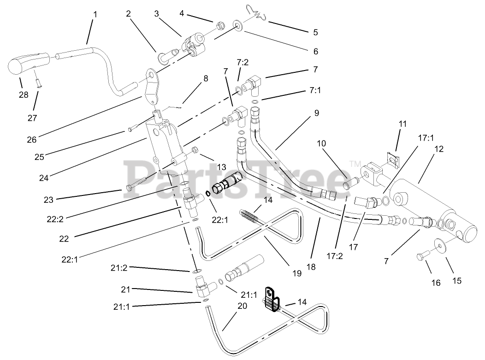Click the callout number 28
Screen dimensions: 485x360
pos(23,95)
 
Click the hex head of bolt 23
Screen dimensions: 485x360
pos(129,188)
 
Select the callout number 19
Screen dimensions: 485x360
pos(296,273)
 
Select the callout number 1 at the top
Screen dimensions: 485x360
pos(95,14)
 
